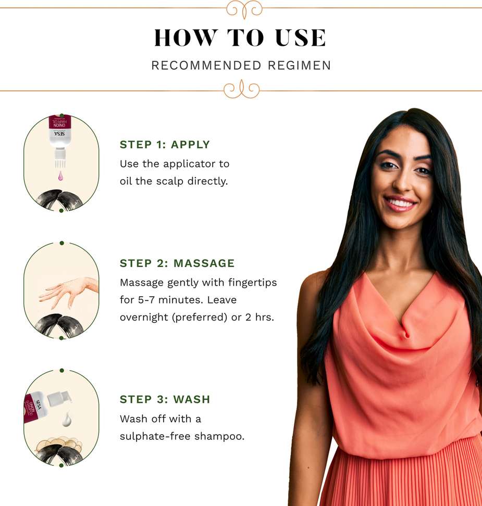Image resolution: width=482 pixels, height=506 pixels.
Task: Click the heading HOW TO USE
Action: click(x=240, y=37)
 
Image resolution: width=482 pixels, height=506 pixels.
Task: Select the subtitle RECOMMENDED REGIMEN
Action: click(x=241, y=65)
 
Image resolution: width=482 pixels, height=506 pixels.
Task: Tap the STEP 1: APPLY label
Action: click(x=165, y=145)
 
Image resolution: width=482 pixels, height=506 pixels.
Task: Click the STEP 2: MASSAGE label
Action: click(x=177, y=263)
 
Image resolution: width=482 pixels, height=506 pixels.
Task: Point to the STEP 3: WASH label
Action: click(x=165, y=399)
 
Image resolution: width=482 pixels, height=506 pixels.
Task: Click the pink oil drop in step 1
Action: click(x=60, y=176)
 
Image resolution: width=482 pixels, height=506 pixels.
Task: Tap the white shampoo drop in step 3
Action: click(x=67, y=419)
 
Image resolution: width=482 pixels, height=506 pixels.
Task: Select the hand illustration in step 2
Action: click(x=69, y=292)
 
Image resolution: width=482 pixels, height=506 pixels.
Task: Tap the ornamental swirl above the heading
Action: click(x=244, y=9)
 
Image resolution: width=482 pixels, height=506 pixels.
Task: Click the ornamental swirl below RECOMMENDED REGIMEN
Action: click(x=242, y=90)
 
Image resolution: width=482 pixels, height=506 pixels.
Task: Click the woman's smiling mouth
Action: click(x=400, y=204)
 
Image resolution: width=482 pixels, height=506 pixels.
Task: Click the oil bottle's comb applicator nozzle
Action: click(x=60, y=158)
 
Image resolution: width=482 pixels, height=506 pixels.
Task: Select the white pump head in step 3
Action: click(x=59, y=398)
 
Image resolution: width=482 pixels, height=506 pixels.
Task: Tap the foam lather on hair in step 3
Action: click(x=59, y=445)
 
